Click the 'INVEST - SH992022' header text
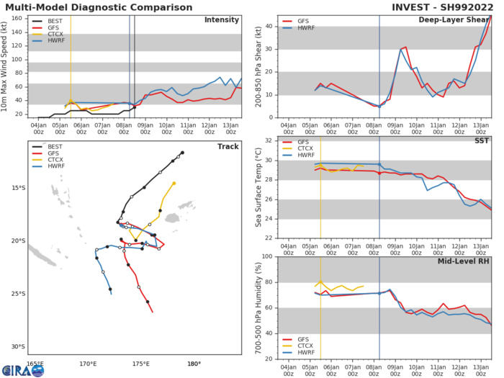point(444,6)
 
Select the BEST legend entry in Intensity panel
point(53,22)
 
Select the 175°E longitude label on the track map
point(141,364)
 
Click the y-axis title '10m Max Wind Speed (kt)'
point(6,66)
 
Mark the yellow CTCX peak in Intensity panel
point(71,100)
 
